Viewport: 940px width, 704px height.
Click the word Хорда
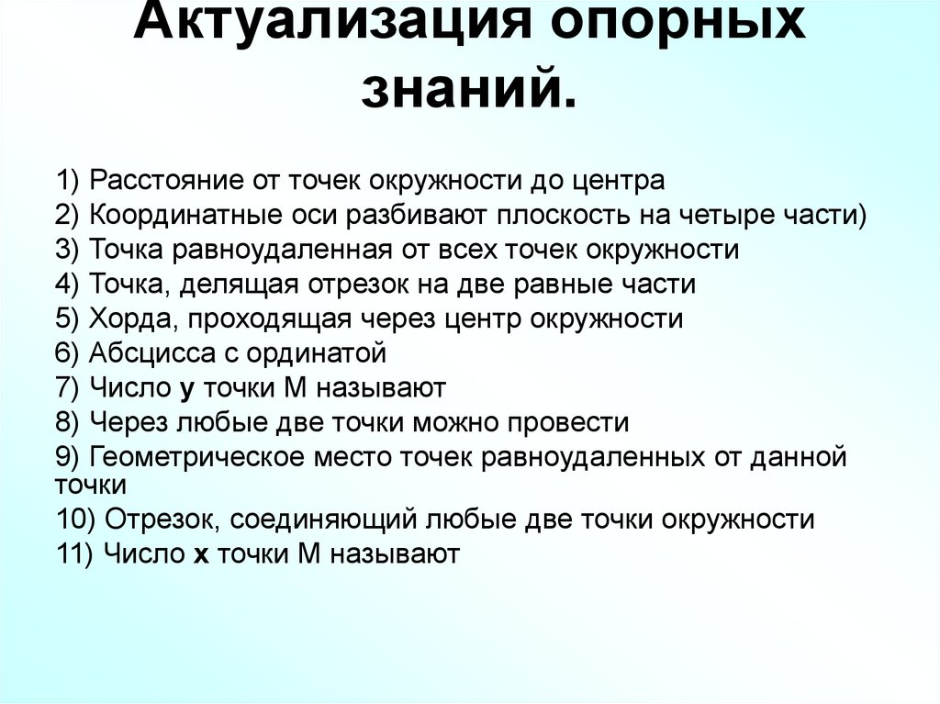tap(124, 318)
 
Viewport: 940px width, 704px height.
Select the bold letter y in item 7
tap(187, 389)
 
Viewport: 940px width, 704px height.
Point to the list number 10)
tap(77, 520)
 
